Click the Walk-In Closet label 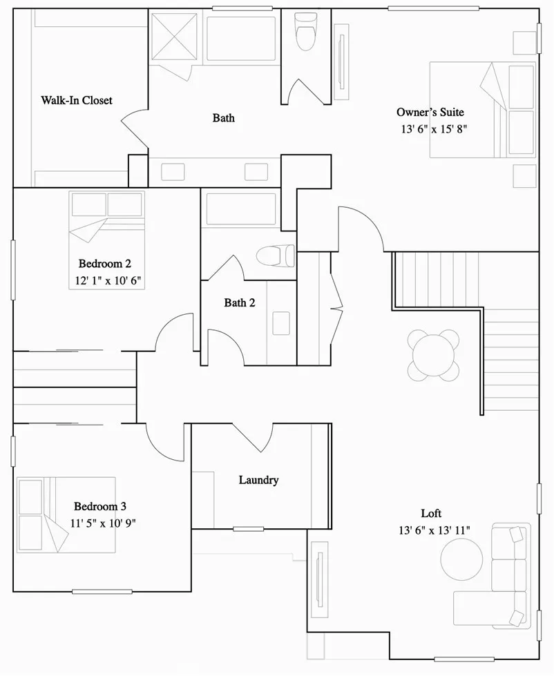coord(76,101)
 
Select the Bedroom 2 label coord(105,263)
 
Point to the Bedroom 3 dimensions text coord(103,523)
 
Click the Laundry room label coord(258,480)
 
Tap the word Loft coord(431,514)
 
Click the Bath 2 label coord(240,302)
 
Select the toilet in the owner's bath coord(304,30)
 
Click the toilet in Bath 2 coord(274,256)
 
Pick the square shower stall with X coord(175,36)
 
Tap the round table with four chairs coord(433,355)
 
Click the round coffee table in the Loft coord(462,559)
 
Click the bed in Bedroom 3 coord(66,514)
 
